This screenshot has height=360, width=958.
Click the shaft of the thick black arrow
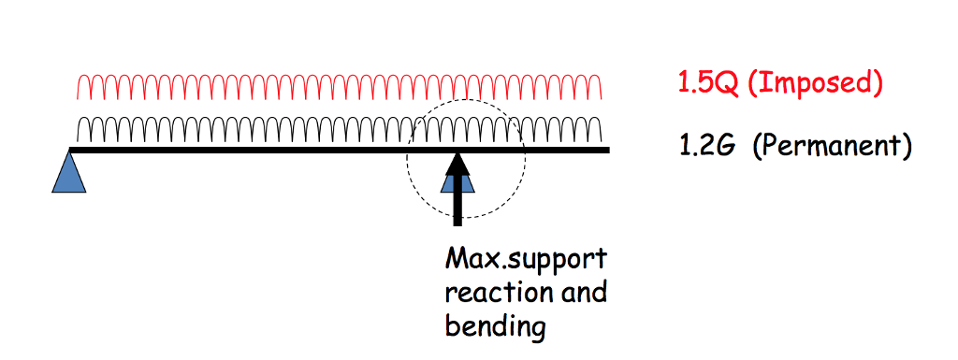coord(457,201)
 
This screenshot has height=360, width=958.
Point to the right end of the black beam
coord(609,150)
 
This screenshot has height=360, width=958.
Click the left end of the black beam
coord(71,150)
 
